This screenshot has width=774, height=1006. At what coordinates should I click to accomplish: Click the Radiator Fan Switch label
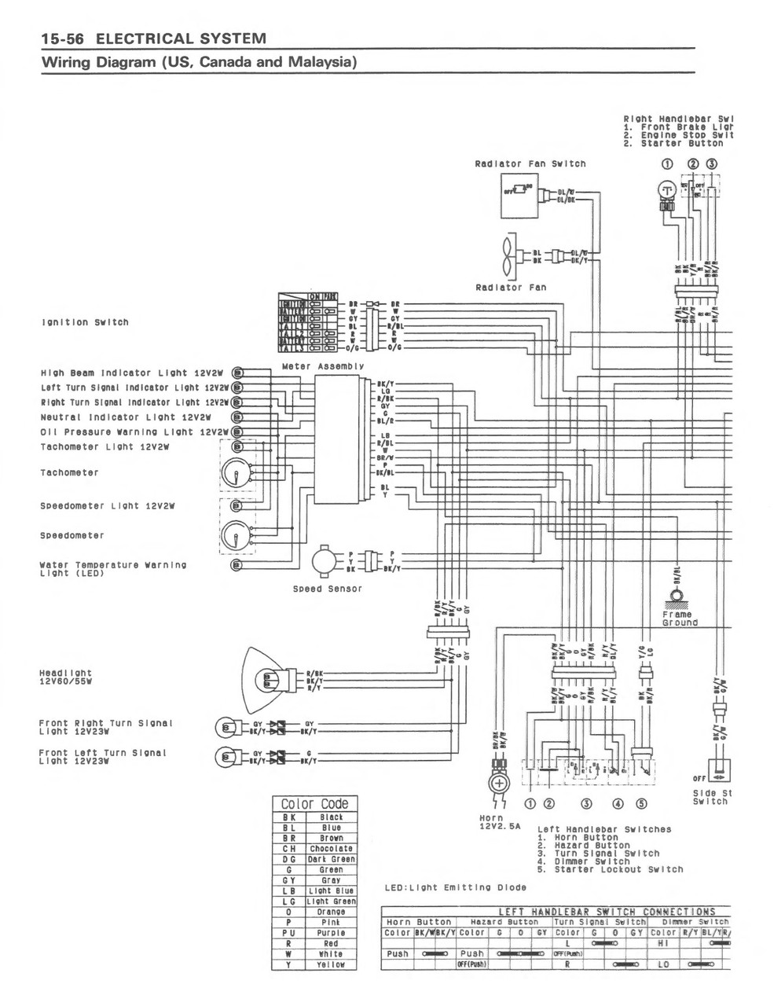click(x=530, y=163)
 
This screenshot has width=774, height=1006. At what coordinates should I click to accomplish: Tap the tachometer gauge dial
click(x=236, y=472)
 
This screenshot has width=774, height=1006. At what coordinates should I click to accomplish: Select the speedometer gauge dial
click(x=236, y=535)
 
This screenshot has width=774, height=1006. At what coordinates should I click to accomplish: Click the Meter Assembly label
click(x=322, y=366)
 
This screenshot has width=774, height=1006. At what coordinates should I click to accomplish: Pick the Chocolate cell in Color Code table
click(x=331, y=849)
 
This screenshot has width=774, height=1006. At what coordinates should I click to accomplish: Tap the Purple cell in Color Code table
click(x=331, y=933)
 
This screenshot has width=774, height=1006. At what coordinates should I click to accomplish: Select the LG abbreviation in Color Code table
click(x=288, y=901)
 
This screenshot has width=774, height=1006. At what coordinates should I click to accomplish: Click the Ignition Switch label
click(x=84, y=322)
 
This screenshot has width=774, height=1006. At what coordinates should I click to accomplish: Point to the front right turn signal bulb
click(x=226, y=726)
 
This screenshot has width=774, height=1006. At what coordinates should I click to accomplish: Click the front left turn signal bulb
click(x=226, y=757)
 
